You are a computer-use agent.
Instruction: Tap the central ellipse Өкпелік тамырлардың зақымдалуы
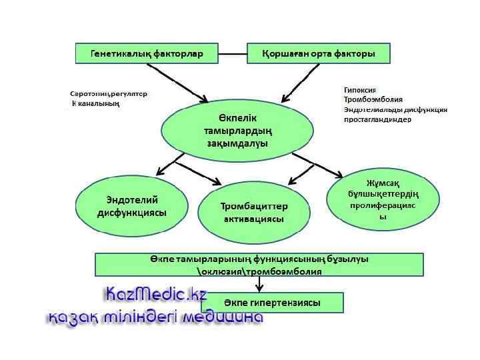(x=237, y=130)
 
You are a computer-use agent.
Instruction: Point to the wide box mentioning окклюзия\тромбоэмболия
(x=259, y=265)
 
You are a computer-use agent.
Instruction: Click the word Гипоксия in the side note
(x=360, y=89)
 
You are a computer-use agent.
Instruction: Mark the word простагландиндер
(x=377, y=119)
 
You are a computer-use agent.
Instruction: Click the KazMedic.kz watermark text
(x=156, y=295)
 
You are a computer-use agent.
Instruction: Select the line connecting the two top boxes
(x=233, y=53)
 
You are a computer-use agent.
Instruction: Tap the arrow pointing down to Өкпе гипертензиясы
(x=259, y=284)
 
